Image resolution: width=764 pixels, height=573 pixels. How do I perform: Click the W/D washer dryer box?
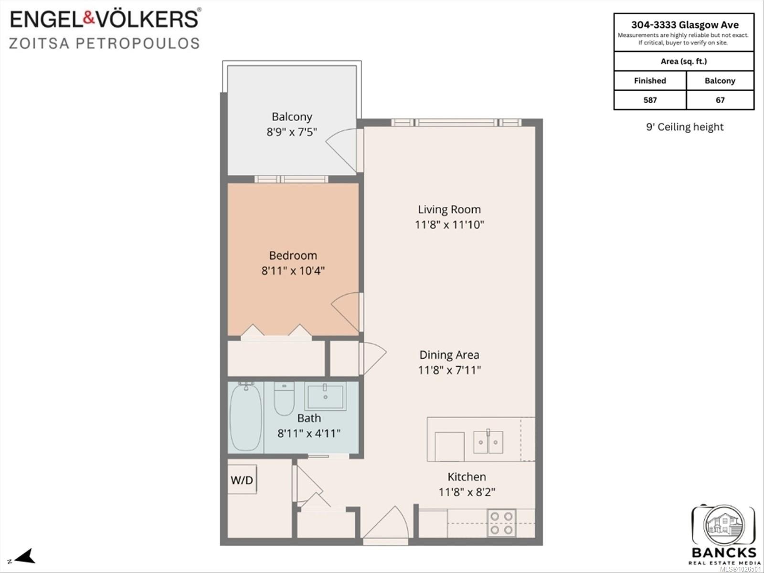pyautogui.click(x=242, y=480)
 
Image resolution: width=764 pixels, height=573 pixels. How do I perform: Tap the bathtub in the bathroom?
pyautogui.click(x=246, y=417)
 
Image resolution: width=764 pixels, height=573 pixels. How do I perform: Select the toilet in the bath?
pyautogui.click(x=284, y=399)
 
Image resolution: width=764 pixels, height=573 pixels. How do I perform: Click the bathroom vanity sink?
pyautogui.click(x=326, y=396)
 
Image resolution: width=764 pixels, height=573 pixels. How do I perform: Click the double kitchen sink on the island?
pyautogui.click(x=488, y=442)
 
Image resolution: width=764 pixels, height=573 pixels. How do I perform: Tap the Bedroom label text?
pyautogui.click(x=293, y=256)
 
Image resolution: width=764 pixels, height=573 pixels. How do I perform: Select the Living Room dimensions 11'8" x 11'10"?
pyautogui.click(x=449, y=225)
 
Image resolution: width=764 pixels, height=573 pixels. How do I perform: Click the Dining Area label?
pyautogui.click(x=449, y=355)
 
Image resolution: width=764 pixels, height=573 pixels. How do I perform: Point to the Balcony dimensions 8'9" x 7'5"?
pyautogui.click(x=292, y=132)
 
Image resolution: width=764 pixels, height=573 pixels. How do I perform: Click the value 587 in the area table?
pyautogui.click(x=650, y=100)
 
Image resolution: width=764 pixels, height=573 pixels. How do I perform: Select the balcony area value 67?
pyautogui.click(x=720, y=100)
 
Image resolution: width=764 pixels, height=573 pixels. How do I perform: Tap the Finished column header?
pyautogui.click(x=650, y=81)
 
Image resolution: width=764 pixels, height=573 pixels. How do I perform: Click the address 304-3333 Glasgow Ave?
pyautogui.click(x=685, y=25)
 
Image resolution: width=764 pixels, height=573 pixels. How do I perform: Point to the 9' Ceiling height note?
pyautogui.click(x=685, y=127)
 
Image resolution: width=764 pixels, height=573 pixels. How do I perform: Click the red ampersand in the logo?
pyautogui.click(x=89, y=19)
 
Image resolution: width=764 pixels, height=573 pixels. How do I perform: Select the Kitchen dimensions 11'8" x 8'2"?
pyautogui.click(x=467, y=492)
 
